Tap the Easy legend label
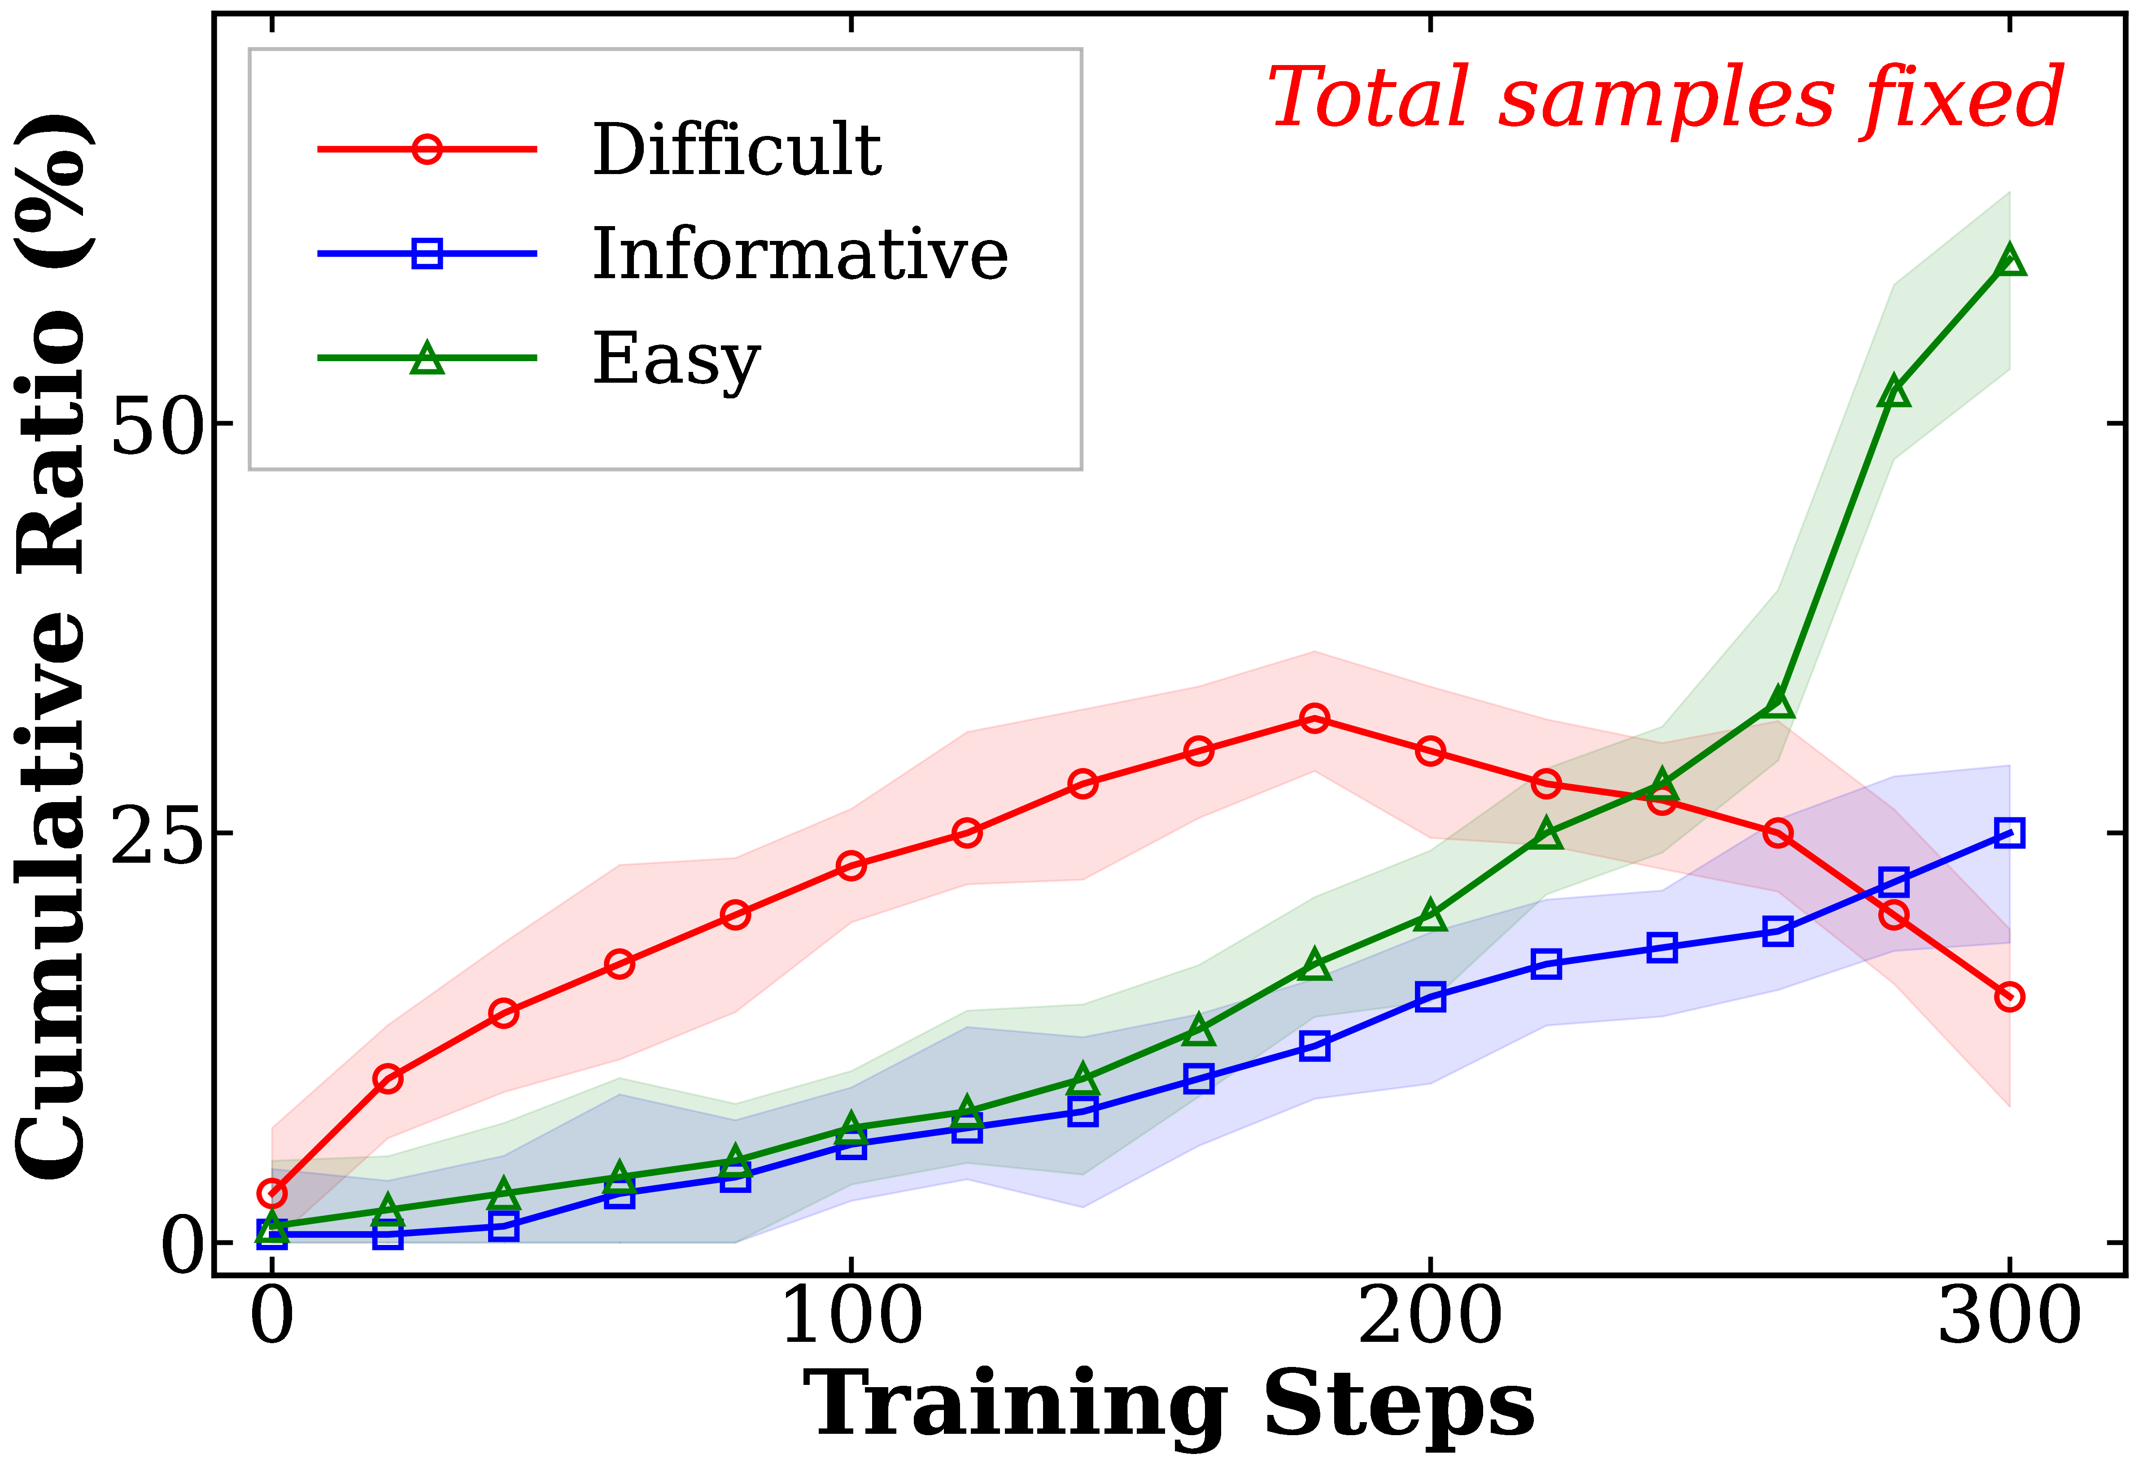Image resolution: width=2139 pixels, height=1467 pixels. coord(677,359)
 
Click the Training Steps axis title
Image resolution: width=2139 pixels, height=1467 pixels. coord(1169,1406)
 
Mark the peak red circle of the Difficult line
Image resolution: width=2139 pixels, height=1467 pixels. coord(1314,718)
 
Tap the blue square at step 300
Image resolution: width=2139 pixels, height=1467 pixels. coord(2009,833)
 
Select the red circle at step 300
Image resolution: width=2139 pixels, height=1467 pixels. coord(2009,997)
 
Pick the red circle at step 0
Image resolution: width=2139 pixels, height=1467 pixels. coord(272,1194)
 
